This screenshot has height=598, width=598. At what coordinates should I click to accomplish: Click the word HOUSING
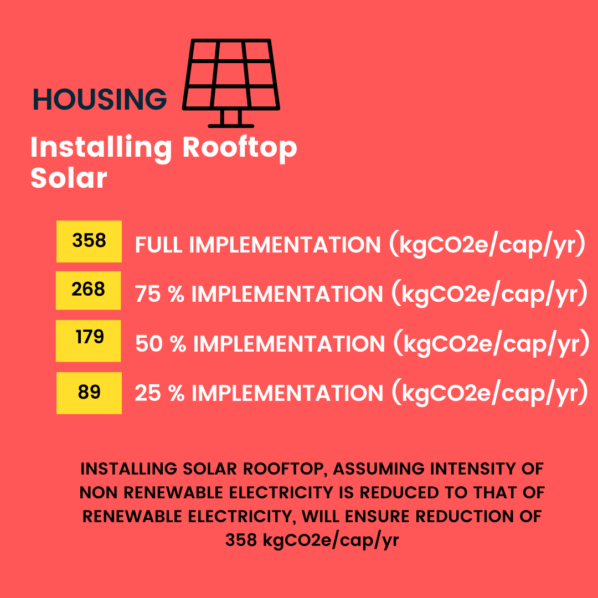100,99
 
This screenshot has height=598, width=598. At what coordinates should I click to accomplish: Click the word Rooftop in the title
240,148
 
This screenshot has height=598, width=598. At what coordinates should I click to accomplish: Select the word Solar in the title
69,178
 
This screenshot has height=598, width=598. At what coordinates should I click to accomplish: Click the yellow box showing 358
89,241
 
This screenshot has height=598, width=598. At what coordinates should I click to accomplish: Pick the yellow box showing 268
89,290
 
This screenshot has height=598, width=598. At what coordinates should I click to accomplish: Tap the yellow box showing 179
89,341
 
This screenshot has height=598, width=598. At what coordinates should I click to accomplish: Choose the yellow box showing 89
89,393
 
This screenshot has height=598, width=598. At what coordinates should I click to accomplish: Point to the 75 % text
160,294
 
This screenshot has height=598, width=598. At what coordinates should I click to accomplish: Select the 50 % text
161,344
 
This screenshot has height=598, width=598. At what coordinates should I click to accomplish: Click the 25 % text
160,393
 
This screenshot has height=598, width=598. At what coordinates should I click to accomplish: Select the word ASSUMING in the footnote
379,469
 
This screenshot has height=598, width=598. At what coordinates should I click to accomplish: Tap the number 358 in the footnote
241,540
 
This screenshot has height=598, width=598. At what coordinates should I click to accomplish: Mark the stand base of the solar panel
231,126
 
